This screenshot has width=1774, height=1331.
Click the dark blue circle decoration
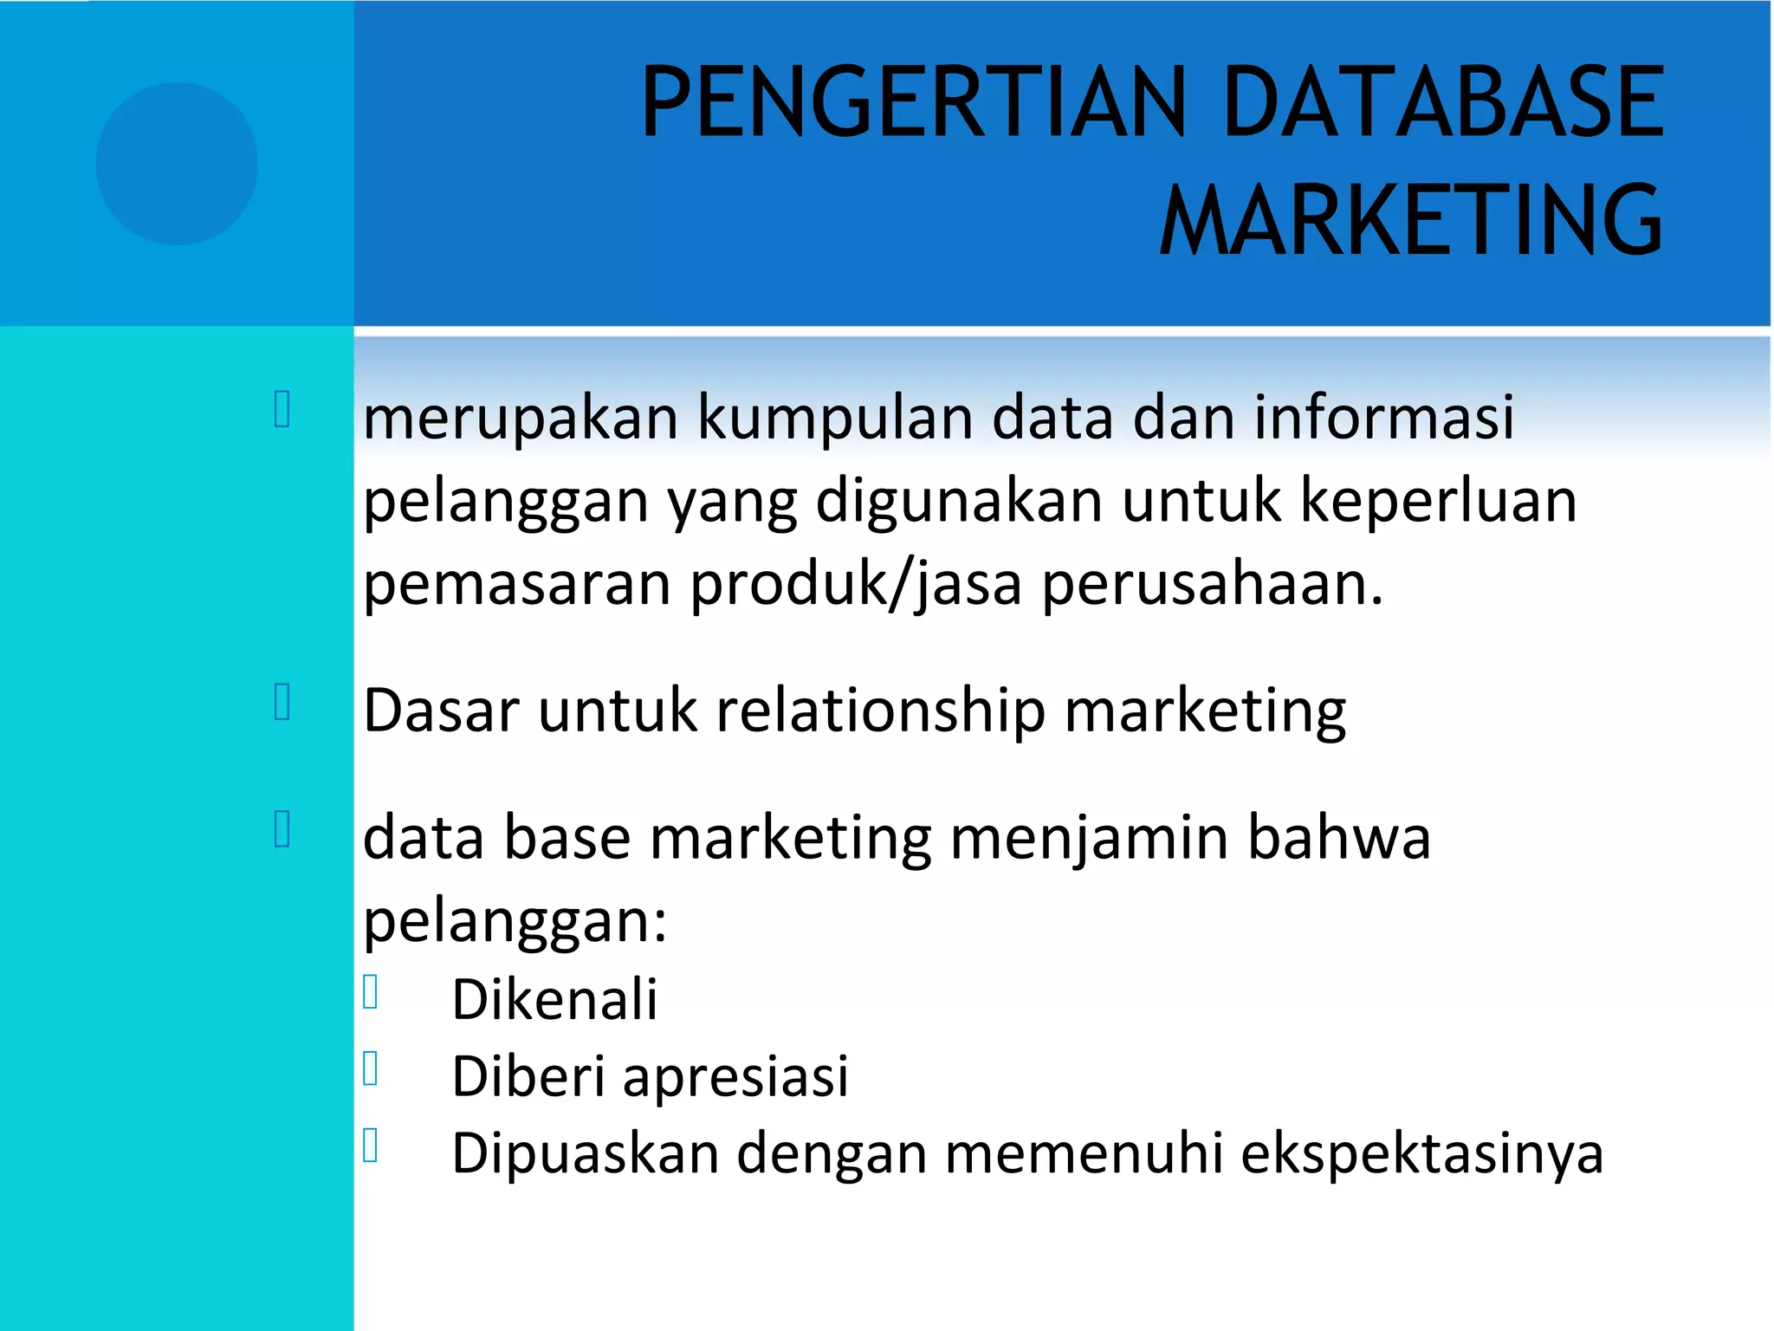(177, 164)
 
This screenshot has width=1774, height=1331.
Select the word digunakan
(959, 503)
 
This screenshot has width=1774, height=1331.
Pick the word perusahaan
(1212, 586)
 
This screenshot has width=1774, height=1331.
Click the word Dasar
(441, 711)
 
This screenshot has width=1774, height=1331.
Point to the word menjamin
(1089, 840)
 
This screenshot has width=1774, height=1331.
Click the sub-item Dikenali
(554, 999)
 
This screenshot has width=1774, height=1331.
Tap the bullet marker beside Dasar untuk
(282, 702)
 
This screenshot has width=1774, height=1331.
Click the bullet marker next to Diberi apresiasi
(371, 1068)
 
